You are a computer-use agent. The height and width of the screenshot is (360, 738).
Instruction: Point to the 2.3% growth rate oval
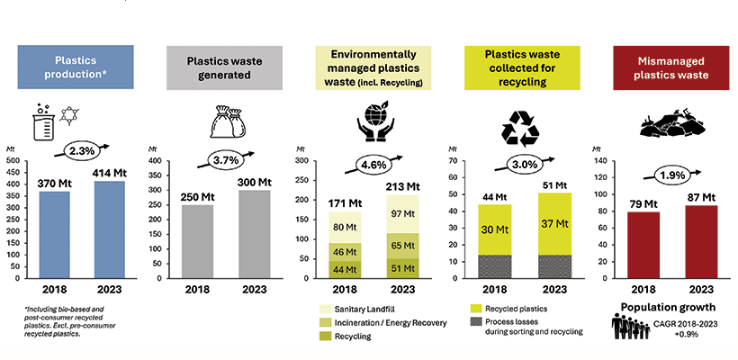(81, 150)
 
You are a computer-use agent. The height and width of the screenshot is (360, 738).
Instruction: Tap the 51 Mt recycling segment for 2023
(405, 267)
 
